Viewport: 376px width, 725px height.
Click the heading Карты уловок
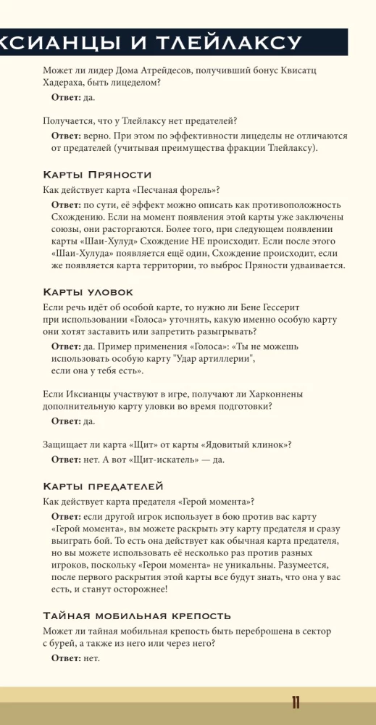click(88, 292)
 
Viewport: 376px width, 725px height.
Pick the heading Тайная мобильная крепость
click(137, 616)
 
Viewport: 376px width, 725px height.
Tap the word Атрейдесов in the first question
click(192, 70)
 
